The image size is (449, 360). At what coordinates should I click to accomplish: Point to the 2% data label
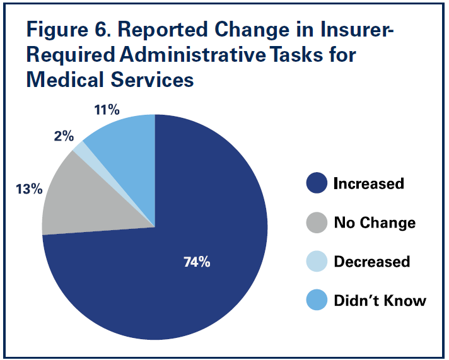[x=64, y=136]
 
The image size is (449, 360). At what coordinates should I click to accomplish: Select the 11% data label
[x=107, y=110]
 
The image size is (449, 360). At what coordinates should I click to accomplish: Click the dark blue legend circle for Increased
[x=317, y=183]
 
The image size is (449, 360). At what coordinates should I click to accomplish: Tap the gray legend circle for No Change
[x=317, y=223]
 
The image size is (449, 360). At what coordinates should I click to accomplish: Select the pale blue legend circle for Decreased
[x=317, y=262]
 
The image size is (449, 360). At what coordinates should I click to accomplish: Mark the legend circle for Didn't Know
[x=317, y=301]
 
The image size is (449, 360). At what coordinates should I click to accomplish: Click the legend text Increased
[x=368, y=183]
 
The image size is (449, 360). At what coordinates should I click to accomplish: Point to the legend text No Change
[x=374, y=223]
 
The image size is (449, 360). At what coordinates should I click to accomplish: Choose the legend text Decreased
[x=371, y=262]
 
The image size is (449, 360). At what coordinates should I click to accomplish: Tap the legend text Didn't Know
[x=380, y=301]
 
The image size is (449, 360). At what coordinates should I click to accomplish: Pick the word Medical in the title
[x=66, y=81]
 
